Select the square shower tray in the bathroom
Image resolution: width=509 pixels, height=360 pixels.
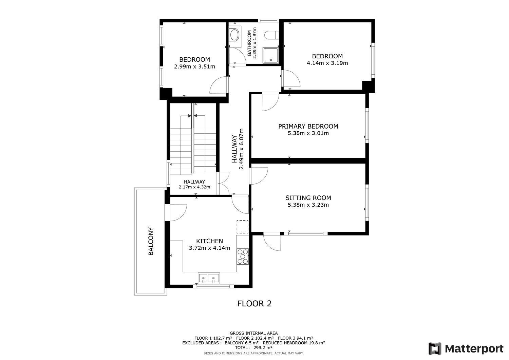tap(271, 55)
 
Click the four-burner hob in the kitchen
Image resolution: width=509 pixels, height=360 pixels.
tap(243, 257)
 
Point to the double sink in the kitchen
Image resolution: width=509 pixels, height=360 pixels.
tap(209, 278)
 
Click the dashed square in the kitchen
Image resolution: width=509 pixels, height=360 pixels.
tap(243, 227)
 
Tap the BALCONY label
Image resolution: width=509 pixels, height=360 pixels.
tap(151, 241)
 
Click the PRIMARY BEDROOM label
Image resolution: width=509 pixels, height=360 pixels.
tap(308, 126)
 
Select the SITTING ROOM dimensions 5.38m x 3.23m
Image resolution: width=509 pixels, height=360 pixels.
tap(308, 205)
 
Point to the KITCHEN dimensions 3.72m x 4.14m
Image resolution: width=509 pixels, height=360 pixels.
tap(209, 248)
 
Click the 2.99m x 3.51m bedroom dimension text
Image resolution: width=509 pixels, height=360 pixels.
tap(194, 67)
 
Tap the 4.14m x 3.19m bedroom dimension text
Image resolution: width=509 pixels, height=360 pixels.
tap(327, 63)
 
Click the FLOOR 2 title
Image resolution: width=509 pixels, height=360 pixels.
tap(254, 303)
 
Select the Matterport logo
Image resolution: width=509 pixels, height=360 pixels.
tap(466, 348)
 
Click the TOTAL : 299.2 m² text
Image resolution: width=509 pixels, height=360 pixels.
tap(253, 347)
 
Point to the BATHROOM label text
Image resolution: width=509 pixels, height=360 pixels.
tap(249, 43)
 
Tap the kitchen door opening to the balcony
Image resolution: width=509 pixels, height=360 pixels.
tap(178, 212)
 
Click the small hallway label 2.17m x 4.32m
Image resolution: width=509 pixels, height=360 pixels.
tap(194, 187)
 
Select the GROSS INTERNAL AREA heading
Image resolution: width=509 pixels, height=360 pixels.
tap(253, 333)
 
